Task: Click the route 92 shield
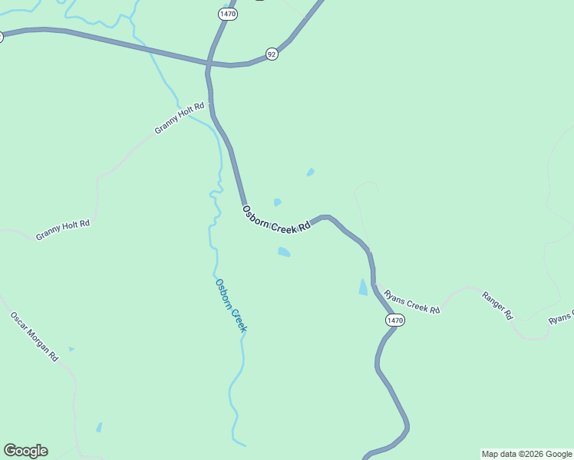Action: (x=272, y=53)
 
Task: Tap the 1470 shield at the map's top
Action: (x=227, y=14)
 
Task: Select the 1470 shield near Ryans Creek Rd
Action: (x=394, y=320)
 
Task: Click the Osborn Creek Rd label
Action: (x=276, y=219)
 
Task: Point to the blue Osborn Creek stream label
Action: (x=231, y=305)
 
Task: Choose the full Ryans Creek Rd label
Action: (x=412, y=301)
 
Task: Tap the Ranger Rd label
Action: (x=497, y=304)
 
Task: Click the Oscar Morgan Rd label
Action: (x=35, y=336)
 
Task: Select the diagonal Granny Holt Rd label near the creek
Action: (x=180, y=118)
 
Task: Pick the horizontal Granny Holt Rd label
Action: (x=63, y=229)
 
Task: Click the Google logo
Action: (x=25, y=451)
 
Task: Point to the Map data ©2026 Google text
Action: (x=527, y=454)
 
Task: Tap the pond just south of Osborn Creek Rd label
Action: (x=284, y=251)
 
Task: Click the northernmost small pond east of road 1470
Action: (x=310, y=172)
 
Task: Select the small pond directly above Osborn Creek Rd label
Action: (x=277, y=202)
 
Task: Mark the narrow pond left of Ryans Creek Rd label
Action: (x=363, y=287)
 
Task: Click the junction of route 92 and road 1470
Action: (x=209, y=64)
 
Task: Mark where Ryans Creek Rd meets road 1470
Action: (x=374, y=284)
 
